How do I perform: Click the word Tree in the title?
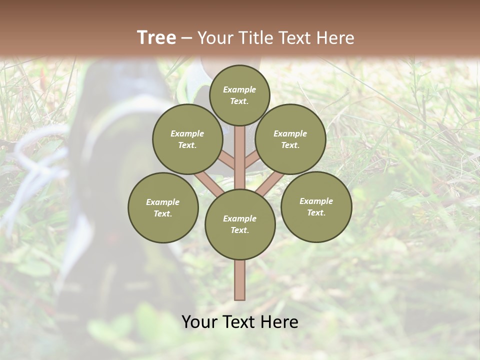(x=156, y=37)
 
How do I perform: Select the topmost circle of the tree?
(x=239, y=95)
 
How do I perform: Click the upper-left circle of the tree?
(x=187, y=139)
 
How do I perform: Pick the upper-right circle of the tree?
(x=290, y=139)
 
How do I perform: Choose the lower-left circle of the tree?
(x=163, y=207)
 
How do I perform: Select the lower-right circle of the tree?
(x=316, y=206)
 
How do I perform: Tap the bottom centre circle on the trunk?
(x=240, y=224)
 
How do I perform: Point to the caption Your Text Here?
(x=240, y=322)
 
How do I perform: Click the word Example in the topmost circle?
(x=239, y=89)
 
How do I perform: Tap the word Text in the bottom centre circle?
(x=239, y=230)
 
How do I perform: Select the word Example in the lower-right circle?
(x=316, y=201)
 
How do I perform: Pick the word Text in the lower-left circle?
(x=163, y=214)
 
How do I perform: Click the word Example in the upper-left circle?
(x=187, y=133)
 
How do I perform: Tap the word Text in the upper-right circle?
(x=290, y=145)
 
